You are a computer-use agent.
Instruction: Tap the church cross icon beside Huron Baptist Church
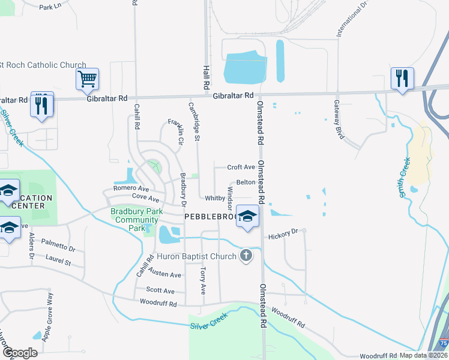pyautogui.click(x=245, y=256)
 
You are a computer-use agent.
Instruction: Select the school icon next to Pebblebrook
pyautogui.click(x=247, y=216)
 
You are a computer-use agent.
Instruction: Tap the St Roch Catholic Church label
pyautogui.click(x=43, y=65)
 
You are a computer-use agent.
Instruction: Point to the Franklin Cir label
pyautogui.click(x=175, y=132)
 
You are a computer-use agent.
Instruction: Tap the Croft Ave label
pyautogui.click(x=241, y=167)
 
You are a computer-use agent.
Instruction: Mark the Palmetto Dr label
pyautogui.click(x=58, y=245)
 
